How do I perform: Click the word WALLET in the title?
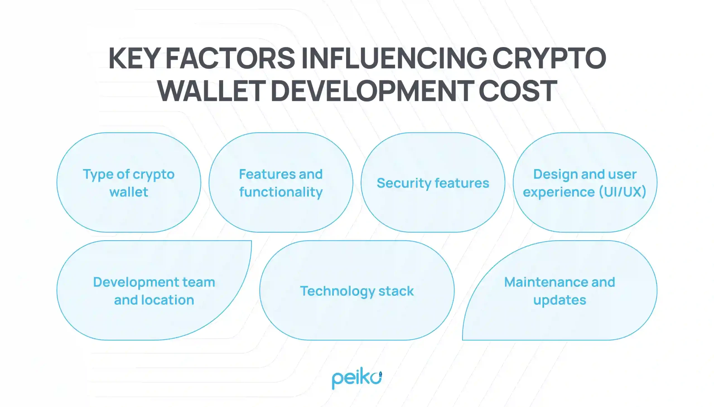tap(211, 91)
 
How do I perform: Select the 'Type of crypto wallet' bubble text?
tap(129, 183)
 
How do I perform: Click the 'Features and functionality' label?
tap(281, 183)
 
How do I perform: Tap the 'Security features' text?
tap(433, 183)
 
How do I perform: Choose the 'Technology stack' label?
tap(356, 291)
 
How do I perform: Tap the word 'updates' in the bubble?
tap(559, 300)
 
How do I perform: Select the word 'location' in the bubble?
tap(168, 300)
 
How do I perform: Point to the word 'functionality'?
tap(281, 192)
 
